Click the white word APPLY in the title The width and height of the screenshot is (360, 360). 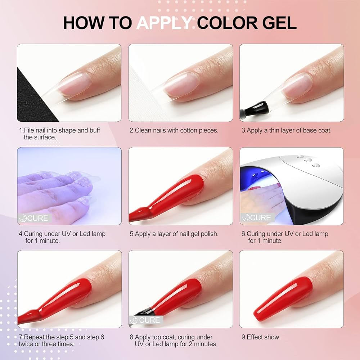tap(165, 23)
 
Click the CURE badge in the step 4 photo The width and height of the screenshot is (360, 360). tap(34, 218)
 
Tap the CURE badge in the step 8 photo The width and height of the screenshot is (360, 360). tap(145, 320)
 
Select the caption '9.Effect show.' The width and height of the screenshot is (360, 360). tap(261, 337)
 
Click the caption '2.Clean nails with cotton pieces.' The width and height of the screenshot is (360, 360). tap(174, 130)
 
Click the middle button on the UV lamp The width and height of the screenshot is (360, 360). tap(309, 159)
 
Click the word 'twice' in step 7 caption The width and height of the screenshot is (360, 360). tap(26, 344)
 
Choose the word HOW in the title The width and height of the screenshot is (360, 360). tap(84, 23)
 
